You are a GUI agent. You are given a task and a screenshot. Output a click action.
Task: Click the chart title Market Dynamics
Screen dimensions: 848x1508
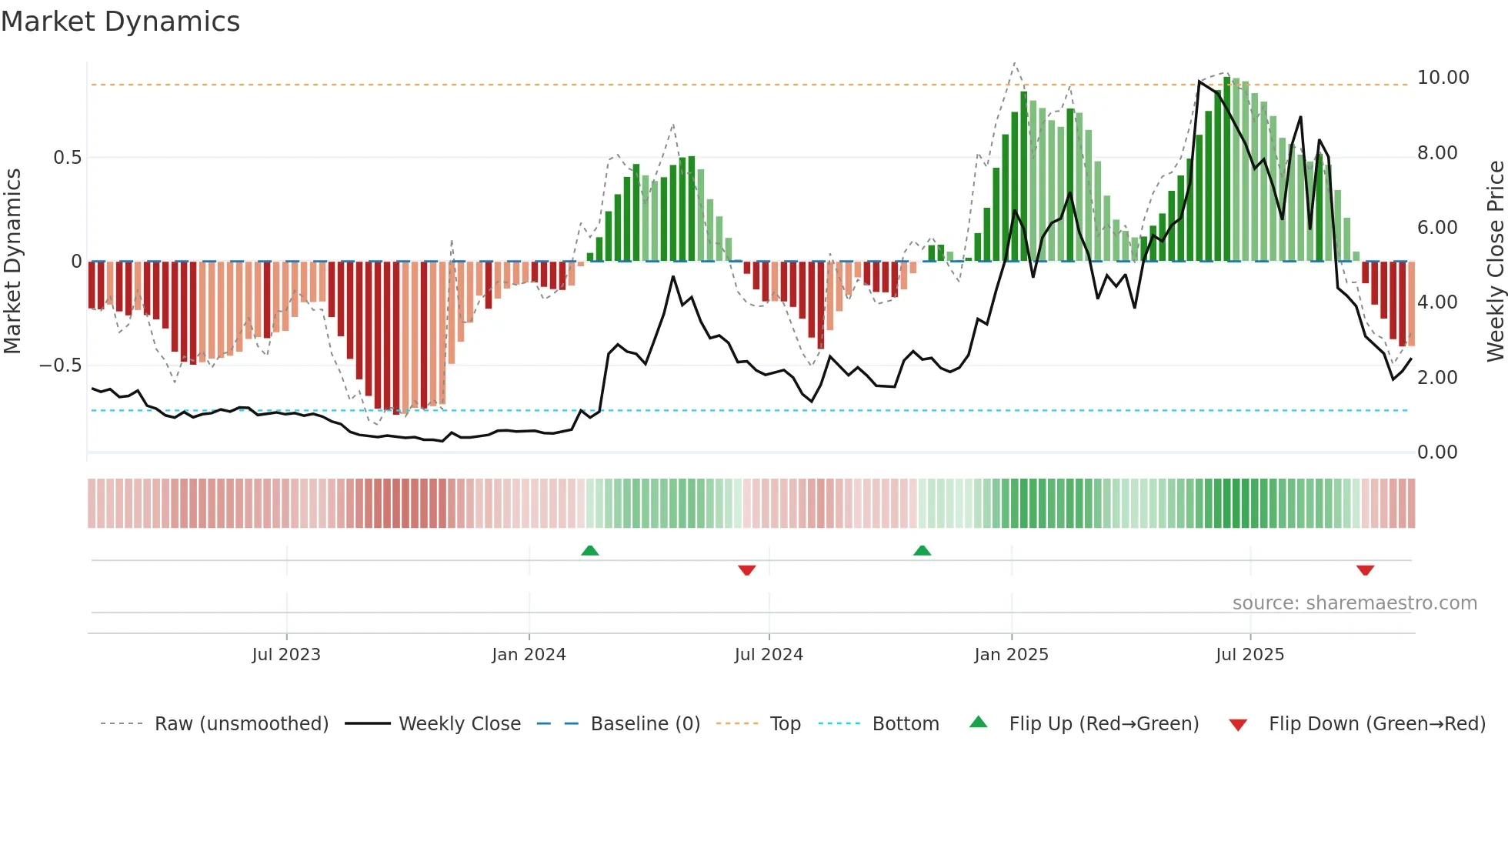point(120,22)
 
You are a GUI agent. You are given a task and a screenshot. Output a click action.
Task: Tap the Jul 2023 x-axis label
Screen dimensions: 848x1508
point(286,655)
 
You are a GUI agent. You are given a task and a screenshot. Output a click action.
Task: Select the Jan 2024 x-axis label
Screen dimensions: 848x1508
point(529,655)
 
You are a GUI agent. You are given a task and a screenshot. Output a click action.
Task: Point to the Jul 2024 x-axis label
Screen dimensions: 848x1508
point(769,655)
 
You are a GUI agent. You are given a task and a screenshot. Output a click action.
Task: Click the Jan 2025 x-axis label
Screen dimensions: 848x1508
point(1011,655)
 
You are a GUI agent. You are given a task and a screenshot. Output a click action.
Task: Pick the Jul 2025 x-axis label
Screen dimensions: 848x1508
point(1250,655)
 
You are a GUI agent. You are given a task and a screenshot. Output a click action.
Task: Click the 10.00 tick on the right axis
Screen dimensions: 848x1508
point(1443,78)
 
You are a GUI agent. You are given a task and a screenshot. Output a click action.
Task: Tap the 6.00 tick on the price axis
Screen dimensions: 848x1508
point(1437,228)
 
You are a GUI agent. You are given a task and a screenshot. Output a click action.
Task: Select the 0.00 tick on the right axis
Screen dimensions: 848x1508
point(1437,452)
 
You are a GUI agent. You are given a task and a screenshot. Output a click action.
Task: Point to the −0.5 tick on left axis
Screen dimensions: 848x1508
point(60,366)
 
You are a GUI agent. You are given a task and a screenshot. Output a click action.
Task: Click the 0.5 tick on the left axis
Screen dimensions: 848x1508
point(67,158)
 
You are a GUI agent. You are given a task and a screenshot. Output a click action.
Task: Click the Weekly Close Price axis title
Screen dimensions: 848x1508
point(1495,262)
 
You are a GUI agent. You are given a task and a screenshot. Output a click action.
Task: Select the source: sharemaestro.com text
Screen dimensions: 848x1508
point(1354,603)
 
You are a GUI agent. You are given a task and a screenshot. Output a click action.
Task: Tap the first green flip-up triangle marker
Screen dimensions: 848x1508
point(590,550)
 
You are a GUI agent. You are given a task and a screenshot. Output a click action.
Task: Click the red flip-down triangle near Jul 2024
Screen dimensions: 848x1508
point(746,570)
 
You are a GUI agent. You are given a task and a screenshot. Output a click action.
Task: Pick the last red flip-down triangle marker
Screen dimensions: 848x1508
point(1365,570)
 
